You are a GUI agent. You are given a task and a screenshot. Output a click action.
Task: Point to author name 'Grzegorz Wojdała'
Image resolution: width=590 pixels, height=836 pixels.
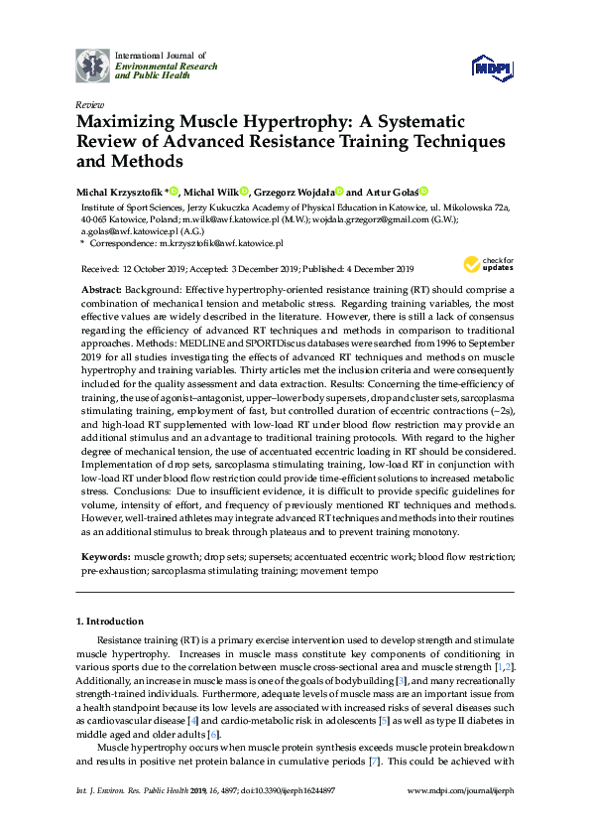click(x=295, y=191)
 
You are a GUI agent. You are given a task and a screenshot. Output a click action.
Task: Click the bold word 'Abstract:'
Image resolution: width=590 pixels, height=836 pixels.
click(x=105, y=284)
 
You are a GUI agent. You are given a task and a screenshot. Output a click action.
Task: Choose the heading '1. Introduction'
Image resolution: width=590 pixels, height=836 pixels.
click(x=111, y=622)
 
